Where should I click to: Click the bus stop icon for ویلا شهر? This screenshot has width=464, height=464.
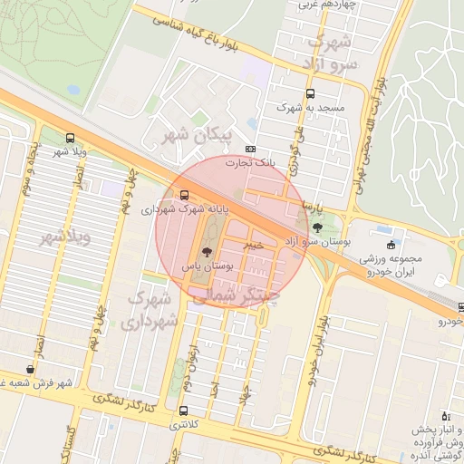(x=71, y=139)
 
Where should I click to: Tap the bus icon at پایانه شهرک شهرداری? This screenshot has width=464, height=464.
(x=185, y=195)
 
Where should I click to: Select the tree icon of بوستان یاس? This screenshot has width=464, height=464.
(x=207, y=253)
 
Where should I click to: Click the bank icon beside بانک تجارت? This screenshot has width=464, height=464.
(x=251, y=150)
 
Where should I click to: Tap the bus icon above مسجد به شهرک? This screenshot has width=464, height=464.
(x=311, y=93)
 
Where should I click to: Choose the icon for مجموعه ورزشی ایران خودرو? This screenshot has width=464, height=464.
(x=391, y=245)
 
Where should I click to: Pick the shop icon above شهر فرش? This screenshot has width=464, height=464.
(x=32, y=369)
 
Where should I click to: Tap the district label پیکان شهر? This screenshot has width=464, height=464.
(x=197, y=135)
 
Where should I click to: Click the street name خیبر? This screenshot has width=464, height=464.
(x=255, y=244)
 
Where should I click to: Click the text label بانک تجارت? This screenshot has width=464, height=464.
(x=277, y=163)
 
